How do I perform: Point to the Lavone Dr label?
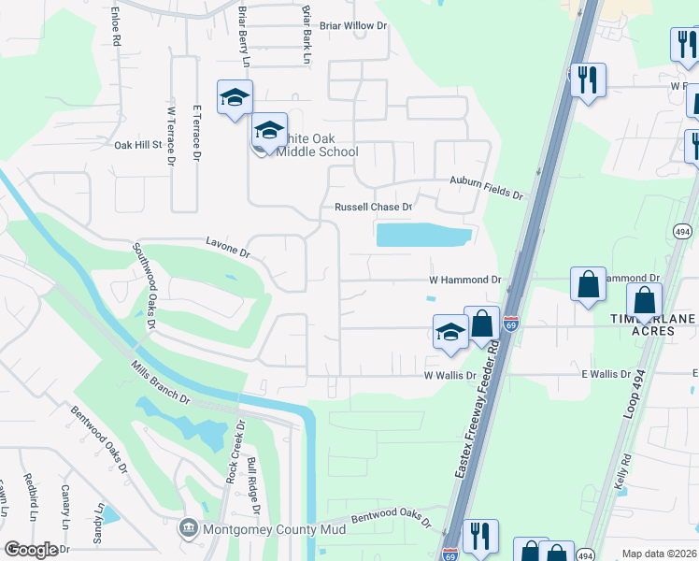(x=228, y=248)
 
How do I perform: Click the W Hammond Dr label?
(x=464, y=280)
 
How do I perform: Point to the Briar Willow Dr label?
(x=352, y=27)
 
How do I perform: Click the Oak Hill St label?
(x=138, y=146)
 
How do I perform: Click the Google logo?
(x=31, y=550)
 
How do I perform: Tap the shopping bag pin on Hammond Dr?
(x=589, y=285)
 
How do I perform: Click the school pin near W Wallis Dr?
(x=449, y=332)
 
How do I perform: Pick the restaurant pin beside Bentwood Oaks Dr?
(x=480, y=536)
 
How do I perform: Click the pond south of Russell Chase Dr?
(x=422, y=236)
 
